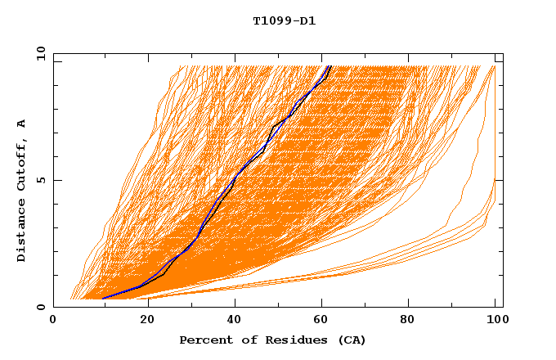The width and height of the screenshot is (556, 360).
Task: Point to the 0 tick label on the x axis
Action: (53, 321)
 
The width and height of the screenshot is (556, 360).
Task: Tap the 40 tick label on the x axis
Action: (235, 321)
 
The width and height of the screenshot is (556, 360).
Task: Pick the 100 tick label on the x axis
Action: (495, 321)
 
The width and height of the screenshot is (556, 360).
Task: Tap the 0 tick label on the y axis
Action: (42, 307)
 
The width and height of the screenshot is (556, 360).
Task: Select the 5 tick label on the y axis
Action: (42, 180)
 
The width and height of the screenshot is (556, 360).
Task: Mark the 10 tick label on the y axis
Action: (39, 53)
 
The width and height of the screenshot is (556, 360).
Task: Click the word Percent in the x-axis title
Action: (203, 340)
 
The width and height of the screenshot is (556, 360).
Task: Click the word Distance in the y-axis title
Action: (21, 232)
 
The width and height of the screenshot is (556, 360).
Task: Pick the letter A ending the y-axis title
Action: (21, 124)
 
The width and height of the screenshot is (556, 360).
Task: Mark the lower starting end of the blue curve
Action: (103, 299)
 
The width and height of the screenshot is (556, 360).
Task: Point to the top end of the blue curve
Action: (329, 65)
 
